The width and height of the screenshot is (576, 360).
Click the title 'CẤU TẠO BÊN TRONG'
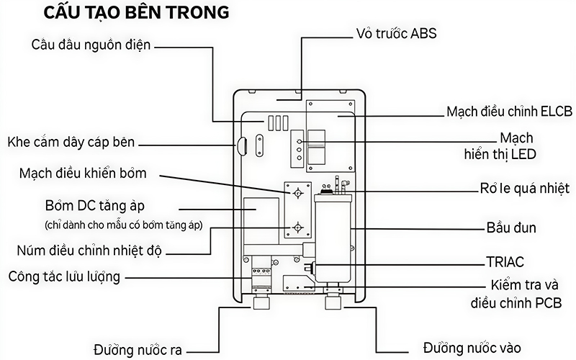[137, 14]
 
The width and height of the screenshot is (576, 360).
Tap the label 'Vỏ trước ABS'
[396, 34]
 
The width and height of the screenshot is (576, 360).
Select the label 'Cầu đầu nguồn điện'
[91, 45]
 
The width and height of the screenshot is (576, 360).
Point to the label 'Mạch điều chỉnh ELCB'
[509, 112]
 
